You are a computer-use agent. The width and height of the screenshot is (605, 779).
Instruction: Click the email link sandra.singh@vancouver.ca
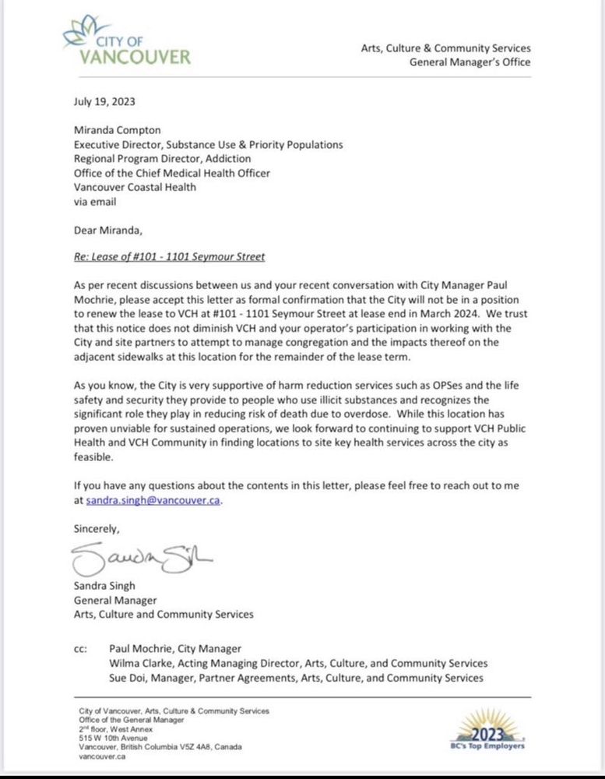148,501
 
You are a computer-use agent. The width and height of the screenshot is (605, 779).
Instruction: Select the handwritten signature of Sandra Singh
141,558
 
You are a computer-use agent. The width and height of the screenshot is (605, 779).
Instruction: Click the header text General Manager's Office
470,62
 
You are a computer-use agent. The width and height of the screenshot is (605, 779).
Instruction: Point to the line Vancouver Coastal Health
134,188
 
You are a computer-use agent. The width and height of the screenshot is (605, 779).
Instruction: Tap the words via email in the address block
95,202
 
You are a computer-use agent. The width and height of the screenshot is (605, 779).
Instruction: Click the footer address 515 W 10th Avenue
114,734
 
